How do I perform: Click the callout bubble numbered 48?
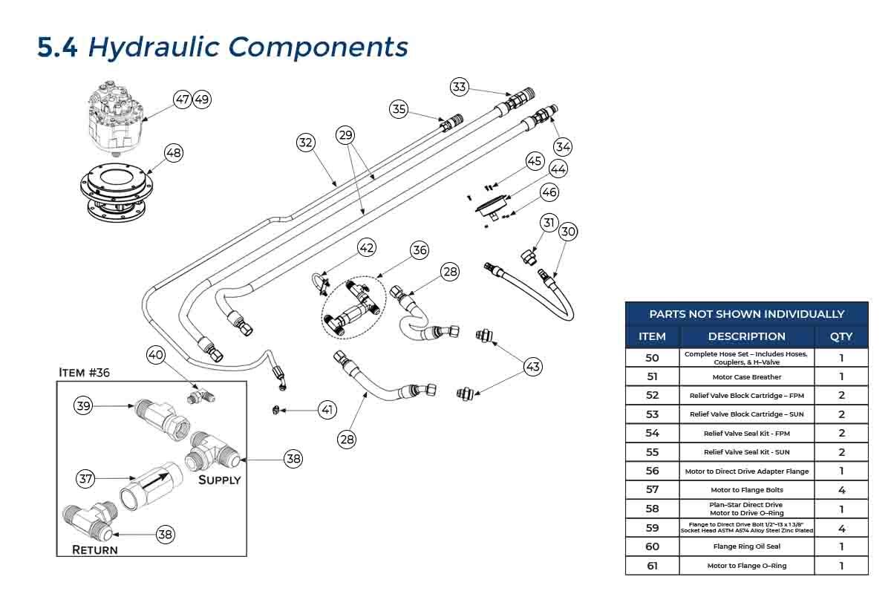coord(173,153)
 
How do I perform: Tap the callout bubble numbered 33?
coord(460,87)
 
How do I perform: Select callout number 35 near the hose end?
coord(399,110)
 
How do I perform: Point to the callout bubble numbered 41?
coord(327,409)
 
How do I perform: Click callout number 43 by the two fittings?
coord(532,366)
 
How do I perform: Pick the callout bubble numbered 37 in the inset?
coord(87,479)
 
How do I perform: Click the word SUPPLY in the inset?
coord(219,480)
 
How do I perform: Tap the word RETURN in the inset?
coord(94,550)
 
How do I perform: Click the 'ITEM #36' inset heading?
coord(84,373)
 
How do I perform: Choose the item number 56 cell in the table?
coord(652,471)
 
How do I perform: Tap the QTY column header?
coord(841,336)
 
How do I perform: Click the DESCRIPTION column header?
coord(746,336)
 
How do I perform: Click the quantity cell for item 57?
coord(841,490)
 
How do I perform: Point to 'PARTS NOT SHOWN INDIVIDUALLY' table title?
coord(746,314)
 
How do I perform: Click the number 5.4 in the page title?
coord(57,47)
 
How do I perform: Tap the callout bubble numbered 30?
coord(568,232)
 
